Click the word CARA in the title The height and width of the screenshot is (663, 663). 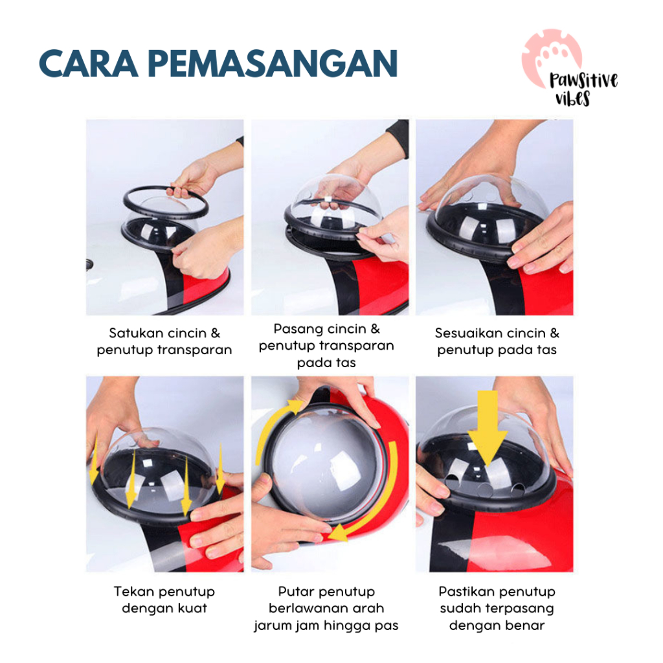tap(88, 63)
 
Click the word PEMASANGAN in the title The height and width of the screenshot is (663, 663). tap(273, 63)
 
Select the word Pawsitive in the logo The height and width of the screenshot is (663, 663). tap(583, 80)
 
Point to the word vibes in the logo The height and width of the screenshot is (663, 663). tap(572, 98)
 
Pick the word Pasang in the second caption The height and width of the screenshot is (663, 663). tap(298, 330)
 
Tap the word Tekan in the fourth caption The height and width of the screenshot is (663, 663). tap(134, 592)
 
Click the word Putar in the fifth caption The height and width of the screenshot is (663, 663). tap(296, 592)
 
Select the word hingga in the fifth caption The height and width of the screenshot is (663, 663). tap(346, 626)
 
